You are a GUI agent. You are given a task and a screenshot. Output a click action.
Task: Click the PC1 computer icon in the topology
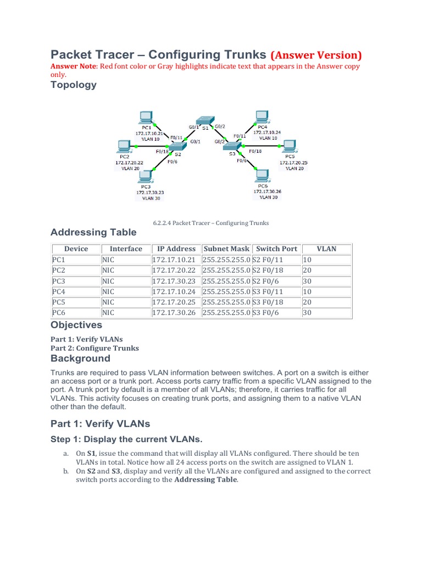coord(146,117)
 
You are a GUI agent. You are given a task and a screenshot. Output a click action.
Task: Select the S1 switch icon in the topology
coord(205,119)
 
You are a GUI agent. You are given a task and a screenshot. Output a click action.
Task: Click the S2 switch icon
coord(177,145)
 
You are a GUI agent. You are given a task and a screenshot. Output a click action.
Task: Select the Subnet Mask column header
coord(226,249)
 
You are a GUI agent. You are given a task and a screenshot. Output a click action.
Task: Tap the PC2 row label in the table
coord(59,270)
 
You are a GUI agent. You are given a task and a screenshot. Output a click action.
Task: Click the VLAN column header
coord(326,249)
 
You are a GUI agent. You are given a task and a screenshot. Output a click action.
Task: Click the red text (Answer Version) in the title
coord(316,55)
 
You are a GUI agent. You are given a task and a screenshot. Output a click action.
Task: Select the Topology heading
coord(74,85)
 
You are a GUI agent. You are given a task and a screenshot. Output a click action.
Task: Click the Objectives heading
coord(76,325)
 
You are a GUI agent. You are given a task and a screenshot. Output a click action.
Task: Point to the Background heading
coord(80,358)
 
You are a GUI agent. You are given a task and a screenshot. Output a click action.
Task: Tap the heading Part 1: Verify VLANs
coord(100,424)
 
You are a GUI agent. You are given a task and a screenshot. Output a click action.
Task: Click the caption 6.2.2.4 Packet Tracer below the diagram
coord(210,223)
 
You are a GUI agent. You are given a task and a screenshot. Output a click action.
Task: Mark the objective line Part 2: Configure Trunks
coord(95,348)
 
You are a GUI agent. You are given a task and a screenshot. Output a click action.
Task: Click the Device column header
coord(76,249)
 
